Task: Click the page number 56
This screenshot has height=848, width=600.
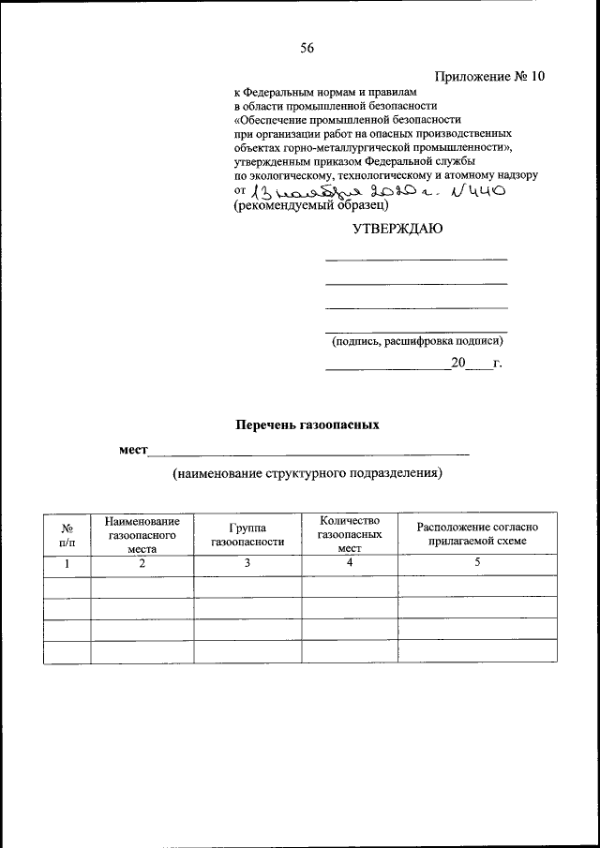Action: pos(307,50)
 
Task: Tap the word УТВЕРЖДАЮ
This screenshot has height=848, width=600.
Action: pos(397,229)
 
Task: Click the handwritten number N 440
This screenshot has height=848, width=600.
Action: pos(478,192)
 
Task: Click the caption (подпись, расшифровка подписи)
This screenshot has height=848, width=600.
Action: pos(416,341)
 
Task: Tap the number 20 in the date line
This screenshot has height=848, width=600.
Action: pos(457,364)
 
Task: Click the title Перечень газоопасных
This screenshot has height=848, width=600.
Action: pos(307,424)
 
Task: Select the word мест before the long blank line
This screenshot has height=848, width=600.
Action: pos(134,450)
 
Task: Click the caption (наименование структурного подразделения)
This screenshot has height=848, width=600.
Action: pos(306,474)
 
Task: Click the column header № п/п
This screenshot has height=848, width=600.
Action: pos(67,534)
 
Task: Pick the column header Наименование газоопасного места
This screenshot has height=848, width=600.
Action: pos(142,534)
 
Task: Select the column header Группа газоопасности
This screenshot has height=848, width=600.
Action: pos(247,534)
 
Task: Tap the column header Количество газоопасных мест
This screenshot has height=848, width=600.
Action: pos(349,534)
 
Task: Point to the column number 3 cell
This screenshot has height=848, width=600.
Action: pos(247,563)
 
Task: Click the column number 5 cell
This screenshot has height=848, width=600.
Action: pos(477,563)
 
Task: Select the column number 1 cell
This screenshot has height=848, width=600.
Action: pos(67,563)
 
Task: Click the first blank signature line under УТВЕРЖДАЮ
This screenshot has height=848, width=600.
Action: pos(416,259)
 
